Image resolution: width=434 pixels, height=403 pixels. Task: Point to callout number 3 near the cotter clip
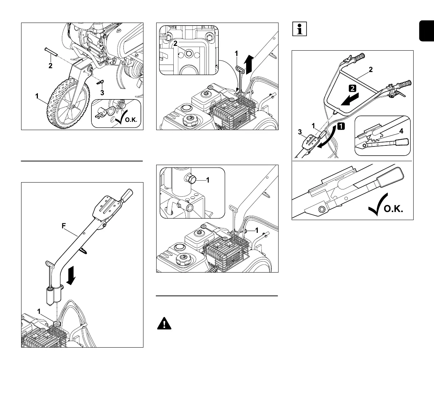pos(102,93)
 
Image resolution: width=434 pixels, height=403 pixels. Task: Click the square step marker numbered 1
pos(341,126)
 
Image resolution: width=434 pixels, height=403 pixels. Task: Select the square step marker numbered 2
pos(352,88)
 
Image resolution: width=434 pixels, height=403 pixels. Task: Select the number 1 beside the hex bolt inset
pos(208,179)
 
